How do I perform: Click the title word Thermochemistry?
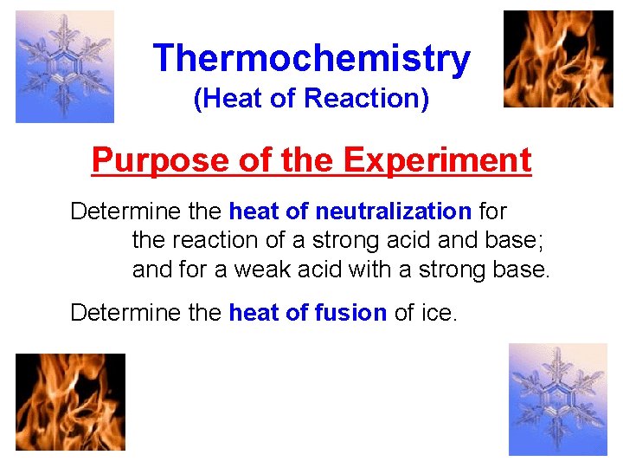pos(311,59)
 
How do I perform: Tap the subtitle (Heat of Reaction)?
pos(311,100)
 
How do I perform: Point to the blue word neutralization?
pos(393,211)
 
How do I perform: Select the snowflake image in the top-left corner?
pos(65,67)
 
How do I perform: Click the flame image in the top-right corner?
pos(558,59)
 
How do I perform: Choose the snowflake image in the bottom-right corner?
pos(557,400)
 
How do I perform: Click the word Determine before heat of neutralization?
pos(114,211)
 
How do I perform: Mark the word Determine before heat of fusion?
pos(114,313)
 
